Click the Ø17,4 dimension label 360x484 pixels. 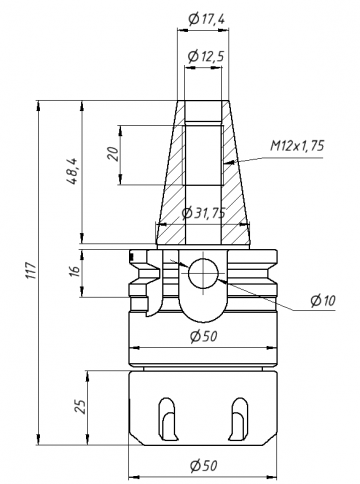coord(206,20)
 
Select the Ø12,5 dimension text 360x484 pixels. coord(205,56)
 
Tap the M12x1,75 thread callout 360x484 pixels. coord(297,146)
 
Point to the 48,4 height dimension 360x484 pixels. coord(72,171)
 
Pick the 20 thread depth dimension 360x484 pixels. coord(114,154)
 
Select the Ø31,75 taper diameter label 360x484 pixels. coord(203,213)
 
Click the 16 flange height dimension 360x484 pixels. coord(75,269)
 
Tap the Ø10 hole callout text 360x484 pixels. coord(323,301)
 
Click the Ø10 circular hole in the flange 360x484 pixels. coord(203,273)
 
